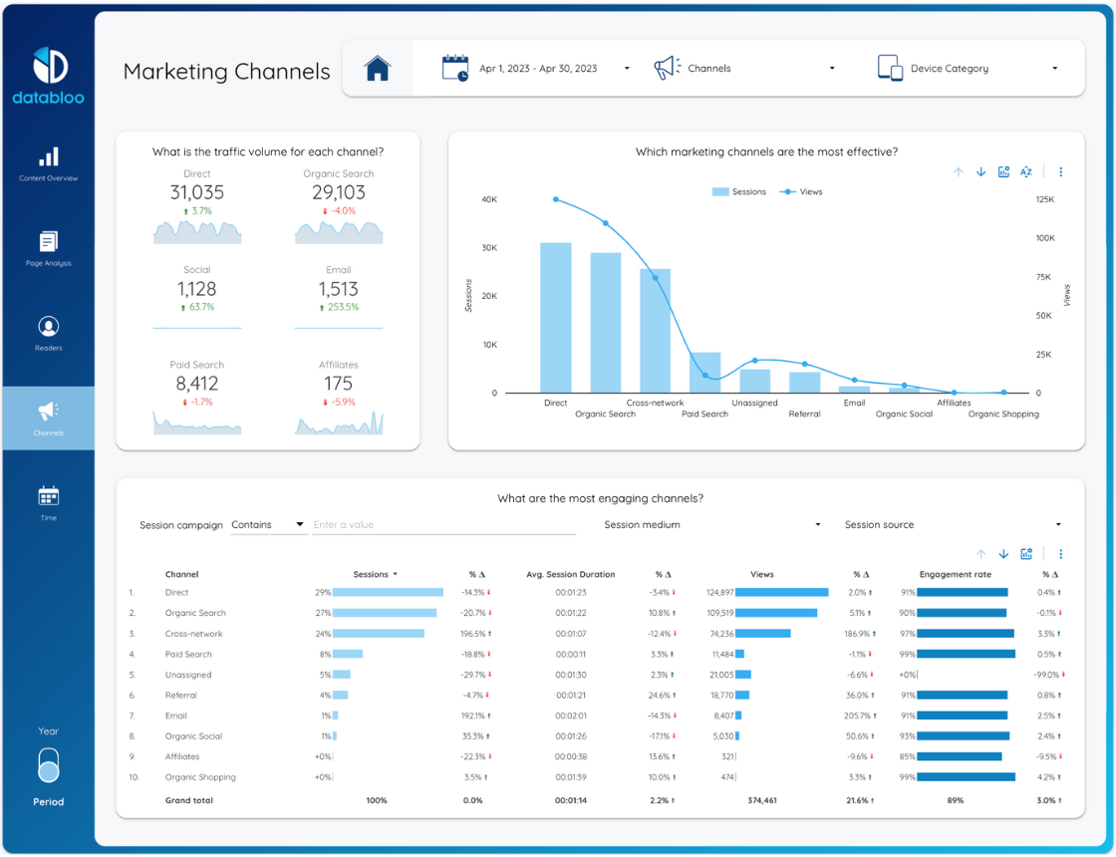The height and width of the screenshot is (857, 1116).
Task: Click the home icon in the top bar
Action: tap(378, 69)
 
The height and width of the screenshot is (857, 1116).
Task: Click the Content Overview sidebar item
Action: tap(49, 164)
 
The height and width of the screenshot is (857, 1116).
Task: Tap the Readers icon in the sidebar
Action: tap(49, 327)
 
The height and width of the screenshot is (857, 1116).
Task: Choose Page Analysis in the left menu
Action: tap(49, 249)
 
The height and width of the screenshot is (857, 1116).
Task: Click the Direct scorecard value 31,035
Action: tap(197, 193)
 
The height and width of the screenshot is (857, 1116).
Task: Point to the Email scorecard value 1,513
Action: tap(338, 289)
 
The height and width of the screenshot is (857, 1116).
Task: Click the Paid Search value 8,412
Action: tap(197, 384)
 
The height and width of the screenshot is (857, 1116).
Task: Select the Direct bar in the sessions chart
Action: tap(556, 318)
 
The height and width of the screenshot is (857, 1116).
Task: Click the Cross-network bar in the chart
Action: tap(655, 331)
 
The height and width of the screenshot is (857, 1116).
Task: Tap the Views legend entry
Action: tap(801, 191)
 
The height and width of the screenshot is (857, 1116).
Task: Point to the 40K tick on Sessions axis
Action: tap(489, 199)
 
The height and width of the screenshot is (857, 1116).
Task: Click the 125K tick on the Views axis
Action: tap(1045, 199)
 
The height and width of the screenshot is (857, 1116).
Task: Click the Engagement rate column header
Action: tap(956, 574)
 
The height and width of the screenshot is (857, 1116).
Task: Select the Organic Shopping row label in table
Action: tap(200, 777)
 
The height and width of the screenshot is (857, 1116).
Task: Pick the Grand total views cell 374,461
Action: tap(762, 801)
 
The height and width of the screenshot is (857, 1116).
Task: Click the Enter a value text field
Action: tap(443, 524)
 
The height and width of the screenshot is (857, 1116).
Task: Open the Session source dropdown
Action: tap(953, 524)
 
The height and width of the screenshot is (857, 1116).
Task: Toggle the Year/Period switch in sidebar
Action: tap(49, 766)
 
